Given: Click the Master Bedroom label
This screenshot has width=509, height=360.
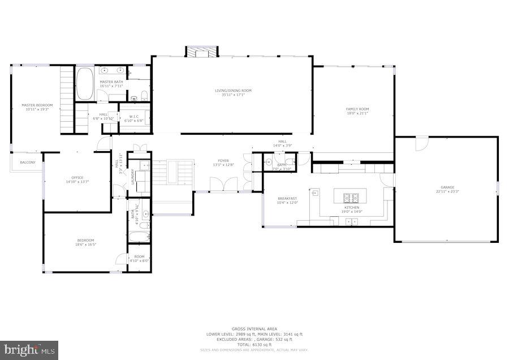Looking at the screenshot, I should coord(37,105).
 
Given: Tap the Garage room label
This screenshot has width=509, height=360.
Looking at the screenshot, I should coord(447,187).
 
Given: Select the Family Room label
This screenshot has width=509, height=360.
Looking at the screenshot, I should coord(357,109).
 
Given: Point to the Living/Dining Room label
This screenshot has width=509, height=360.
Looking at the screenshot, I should coord(232,91).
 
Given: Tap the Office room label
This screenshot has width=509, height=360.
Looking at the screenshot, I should coord(77,178).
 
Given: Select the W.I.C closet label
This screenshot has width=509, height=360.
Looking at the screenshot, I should coord(134,117).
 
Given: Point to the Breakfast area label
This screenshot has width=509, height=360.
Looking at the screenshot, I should coord(287,199).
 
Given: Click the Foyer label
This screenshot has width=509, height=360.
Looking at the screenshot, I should coord(223,161).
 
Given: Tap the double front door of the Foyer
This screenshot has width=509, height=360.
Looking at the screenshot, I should coord(223,185).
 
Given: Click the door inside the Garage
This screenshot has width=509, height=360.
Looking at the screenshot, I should coord(422,144).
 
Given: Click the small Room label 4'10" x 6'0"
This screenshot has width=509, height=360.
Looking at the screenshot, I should coord(139,257).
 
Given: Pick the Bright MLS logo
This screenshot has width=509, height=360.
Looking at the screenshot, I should coord(29,350).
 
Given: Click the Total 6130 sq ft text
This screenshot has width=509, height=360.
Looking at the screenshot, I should coord(254,344).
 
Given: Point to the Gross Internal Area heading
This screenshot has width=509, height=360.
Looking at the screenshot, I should coord(254,329).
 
